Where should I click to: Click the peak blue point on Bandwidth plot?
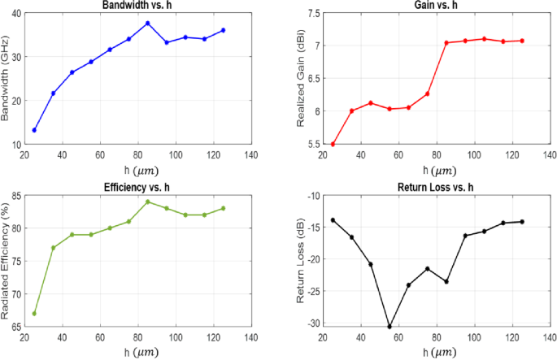pos(148,23)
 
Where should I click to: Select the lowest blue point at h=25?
pos(34,130)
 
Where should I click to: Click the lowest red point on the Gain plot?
pos(333,144)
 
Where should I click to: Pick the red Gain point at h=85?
pos(446,42)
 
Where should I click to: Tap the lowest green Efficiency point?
pos(34,314)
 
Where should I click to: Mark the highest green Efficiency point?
pos(148,202)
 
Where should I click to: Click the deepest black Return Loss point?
pos(389,327)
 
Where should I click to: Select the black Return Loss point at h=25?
pos(333,220)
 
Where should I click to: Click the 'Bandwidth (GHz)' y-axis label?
pos(7,78)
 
